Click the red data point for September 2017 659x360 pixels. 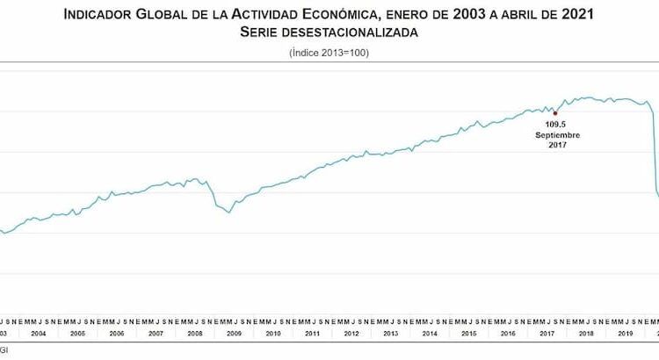click(x=555, y=112)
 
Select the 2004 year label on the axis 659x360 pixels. click(x=39, y=334)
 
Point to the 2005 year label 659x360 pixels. click(x=77, y=334)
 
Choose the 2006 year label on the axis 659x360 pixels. click(x=117, y=334)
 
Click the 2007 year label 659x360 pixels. click(x=156, y=334)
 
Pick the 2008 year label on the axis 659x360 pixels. click(x=195, y=334)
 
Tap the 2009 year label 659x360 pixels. click(x=234, y=334)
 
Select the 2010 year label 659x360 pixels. click(x=272, y=334)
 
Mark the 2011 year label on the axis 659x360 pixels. click(x=312, y=334)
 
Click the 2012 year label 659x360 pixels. click(x=351, y=334)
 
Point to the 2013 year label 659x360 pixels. click(x=390, y=334)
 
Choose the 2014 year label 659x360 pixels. click(x=429, y=334)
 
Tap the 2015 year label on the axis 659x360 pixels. click(x=468, y=334)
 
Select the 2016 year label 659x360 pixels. click(x=507, y=334)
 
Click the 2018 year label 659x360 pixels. click(x=585, y=334)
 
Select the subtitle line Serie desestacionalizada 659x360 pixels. click(x=329, y=32)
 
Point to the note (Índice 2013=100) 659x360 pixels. click(x=329, y=54)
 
